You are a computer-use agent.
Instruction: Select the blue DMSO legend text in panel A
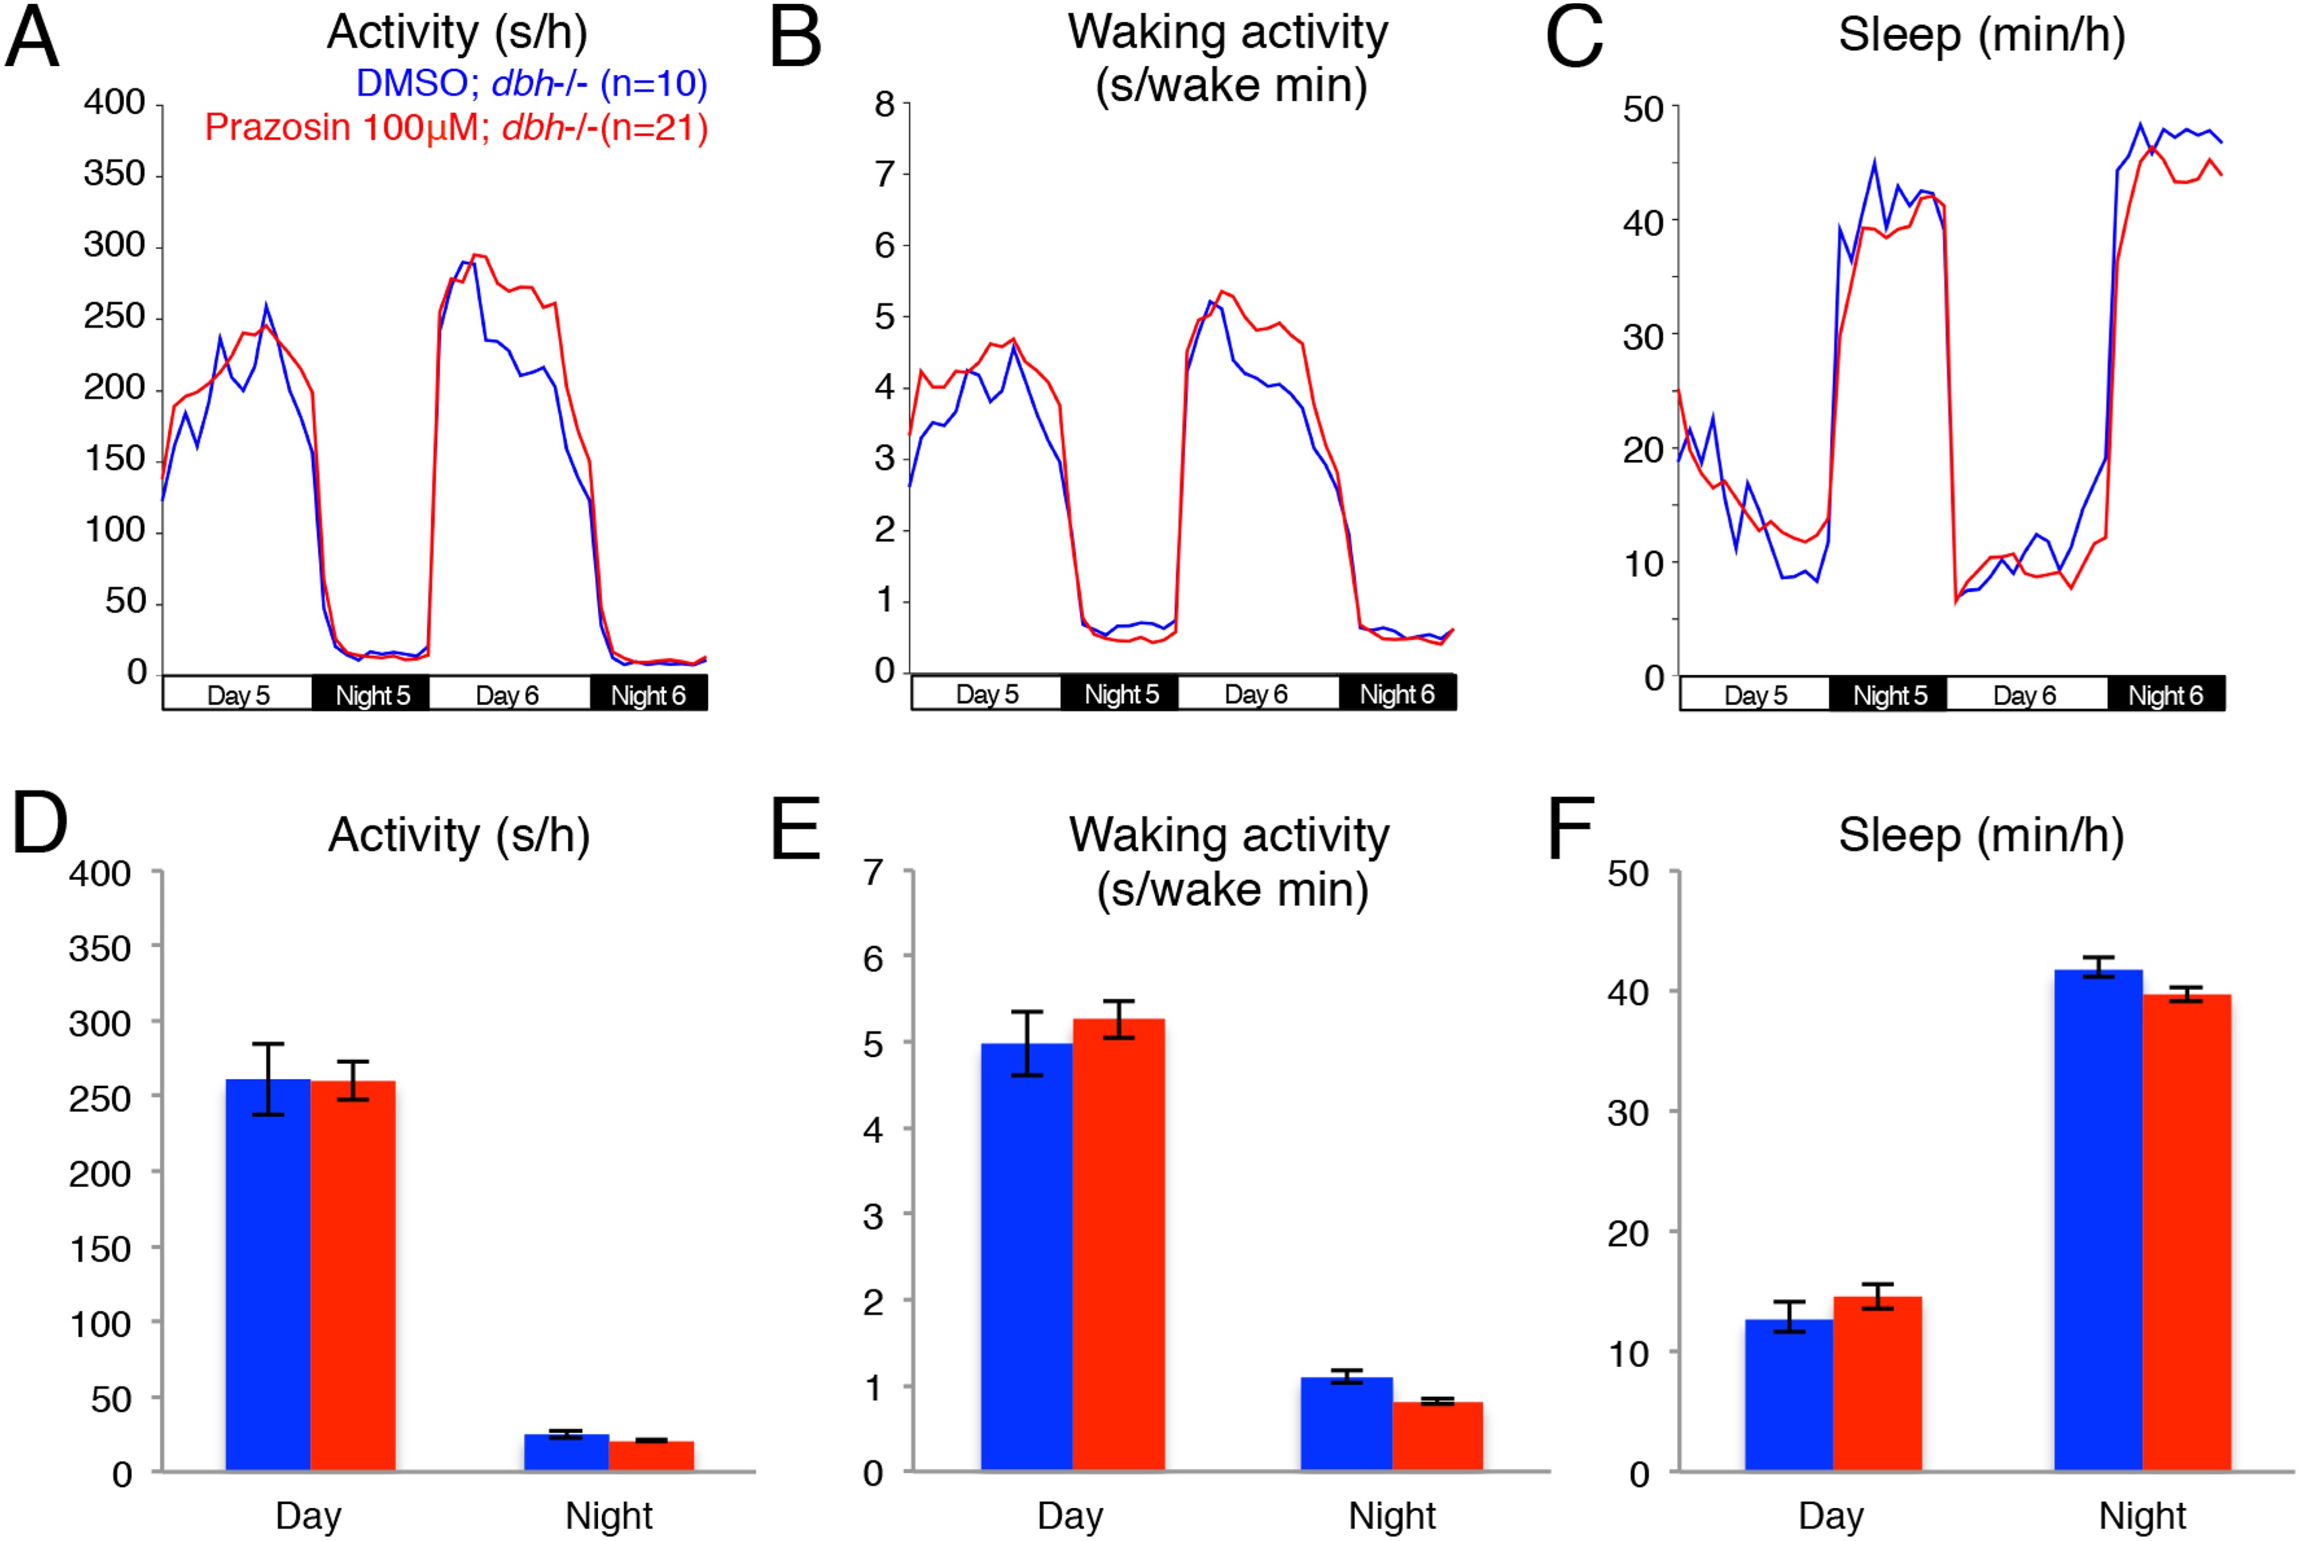point(531,84)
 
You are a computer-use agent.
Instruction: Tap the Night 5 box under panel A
point(372,695)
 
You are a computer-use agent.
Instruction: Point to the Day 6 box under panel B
point(1256,694)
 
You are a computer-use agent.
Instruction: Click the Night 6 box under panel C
point(2165,695)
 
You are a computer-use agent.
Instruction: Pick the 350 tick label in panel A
point(114,174)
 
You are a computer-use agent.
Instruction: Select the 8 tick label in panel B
point(885,104)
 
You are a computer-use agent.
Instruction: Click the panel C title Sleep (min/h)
point(1981,36)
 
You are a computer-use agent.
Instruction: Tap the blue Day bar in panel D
point(267,1277)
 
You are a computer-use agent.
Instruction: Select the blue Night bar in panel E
point(1346,1424)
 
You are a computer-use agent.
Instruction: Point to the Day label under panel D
point(308,1515)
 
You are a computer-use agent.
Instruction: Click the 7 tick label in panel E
point(873,872)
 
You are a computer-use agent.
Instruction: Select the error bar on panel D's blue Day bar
point(267,1079)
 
